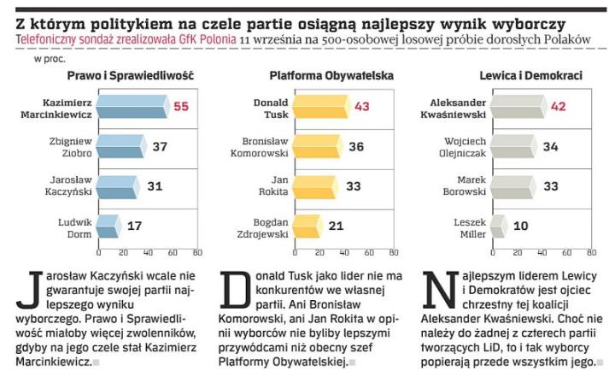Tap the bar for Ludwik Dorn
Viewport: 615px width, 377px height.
108,226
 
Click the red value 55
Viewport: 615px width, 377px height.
181,107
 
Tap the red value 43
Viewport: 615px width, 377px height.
362,107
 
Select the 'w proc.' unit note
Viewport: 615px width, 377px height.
49,59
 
